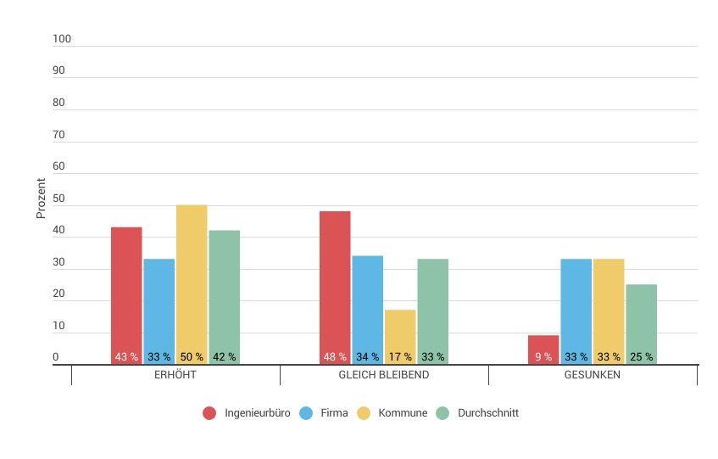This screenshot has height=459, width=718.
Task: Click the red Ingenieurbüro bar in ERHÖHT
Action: (x=126, y=293)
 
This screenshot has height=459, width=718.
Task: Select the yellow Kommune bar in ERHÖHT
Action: (x=192, y=280)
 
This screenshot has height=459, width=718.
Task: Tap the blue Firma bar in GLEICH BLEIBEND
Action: (x=367, y=305)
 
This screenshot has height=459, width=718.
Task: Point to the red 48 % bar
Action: (x=335, y=284)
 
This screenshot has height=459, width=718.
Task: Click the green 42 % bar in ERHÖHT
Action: (x=224, y=293)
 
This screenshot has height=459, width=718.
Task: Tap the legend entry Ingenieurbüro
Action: (x=257, y=413)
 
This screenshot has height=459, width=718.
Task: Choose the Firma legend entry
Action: (x=334, y=413)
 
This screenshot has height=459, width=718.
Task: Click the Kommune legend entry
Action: (x=402, y=413)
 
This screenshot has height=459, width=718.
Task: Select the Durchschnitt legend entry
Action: (x=487, y=413)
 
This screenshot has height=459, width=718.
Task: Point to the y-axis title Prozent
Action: (x=41, y=199)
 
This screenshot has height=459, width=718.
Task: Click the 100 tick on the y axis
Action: (x=62, y=39)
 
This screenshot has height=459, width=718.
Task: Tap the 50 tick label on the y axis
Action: (x=58, y=199)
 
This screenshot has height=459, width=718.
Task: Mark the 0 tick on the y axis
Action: (x=56, y=357)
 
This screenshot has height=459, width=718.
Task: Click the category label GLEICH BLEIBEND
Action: (x=384, y=375)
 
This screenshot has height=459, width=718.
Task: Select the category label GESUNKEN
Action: (x=593, y=375)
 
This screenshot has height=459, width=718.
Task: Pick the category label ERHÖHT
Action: (x=175, y=375)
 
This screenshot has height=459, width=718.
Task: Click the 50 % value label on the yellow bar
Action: (x=192, y=357)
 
